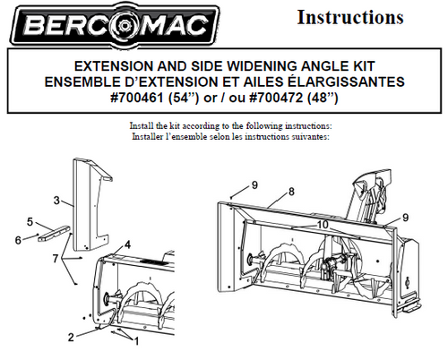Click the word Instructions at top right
(350, 17)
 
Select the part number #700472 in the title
(276, 98)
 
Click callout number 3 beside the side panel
(56, 201)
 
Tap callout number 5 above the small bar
(30, 222)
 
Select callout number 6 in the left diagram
(18, 240)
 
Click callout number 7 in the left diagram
(55, 259)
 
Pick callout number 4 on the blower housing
(127, 244)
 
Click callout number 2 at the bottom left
(71, 338)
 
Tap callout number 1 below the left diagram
(137, 341)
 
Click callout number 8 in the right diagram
(291, 192)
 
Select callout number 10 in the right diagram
(323, 225)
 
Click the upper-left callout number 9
(254, 185)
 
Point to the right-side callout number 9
(405, 218)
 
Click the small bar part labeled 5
(54, 232)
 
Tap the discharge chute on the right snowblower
(369, 195)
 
